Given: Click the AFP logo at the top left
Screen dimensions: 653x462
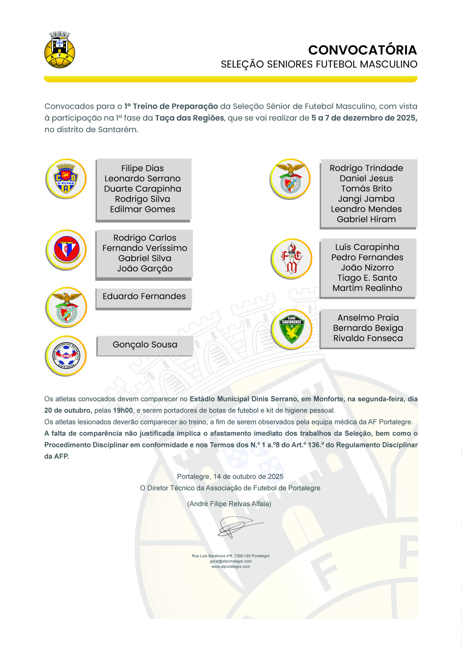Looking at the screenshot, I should (x=60, y=50).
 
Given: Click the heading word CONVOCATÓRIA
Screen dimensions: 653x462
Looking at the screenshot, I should (x=362, y=50).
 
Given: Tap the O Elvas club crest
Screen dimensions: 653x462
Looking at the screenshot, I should (x=66, y=179).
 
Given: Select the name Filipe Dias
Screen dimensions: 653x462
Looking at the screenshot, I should (x=142, y=168).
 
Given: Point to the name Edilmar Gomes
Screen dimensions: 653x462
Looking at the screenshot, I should (x=142, y=209).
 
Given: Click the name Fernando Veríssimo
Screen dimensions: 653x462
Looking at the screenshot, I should (x=145, y=248).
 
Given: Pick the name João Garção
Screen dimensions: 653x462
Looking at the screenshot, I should (x=145, y=268).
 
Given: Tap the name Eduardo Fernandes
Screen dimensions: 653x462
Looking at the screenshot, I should (x=144, y=296).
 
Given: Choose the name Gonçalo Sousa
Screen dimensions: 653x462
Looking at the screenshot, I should (x=145, y=345).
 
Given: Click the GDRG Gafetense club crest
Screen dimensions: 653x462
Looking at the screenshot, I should (x=66, y=356).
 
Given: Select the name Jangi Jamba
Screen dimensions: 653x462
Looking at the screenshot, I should (x=366, y=199).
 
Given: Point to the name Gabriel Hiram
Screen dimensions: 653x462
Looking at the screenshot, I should (x=366, y=219).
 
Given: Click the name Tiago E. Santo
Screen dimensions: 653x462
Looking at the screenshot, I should (x=367, y=278).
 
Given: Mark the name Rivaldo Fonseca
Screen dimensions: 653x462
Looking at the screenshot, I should (x=368, y=338).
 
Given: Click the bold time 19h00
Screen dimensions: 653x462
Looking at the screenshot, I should (x=123, y=411).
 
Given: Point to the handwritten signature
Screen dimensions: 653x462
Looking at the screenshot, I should (x=238, y=526).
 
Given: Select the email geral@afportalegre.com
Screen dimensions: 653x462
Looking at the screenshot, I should (x=231, y=561).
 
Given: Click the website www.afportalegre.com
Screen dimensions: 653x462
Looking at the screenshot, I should (x=231, y=567).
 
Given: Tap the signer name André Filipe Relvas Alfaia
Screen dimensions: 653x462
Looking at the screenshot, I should (x=229, y=504).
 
